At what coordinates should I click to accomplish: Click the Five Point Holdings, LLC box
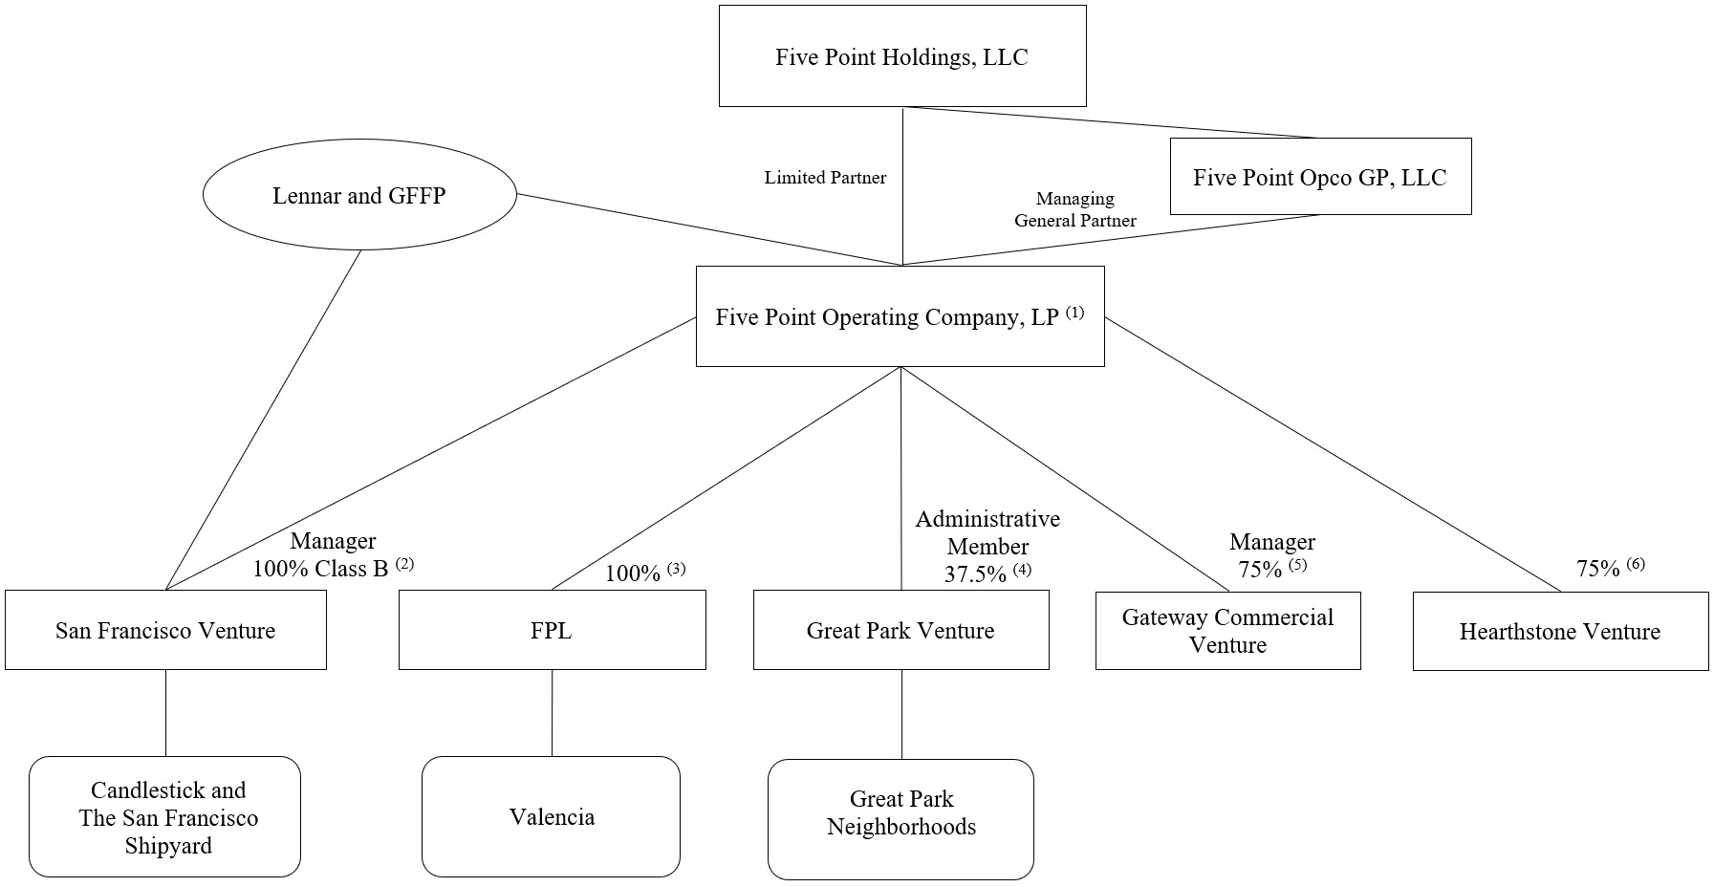[x=901, y=56]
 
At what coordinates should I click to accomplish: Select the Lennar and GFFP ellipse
[x=359, y=195]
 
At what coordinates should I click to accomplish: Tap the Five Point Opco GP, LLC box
[x=1319, y=177]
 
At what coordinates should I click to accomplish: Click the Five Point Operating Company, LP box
[x=900, y=316]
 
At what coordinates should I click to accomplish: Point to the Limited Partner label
[x=825, y=178]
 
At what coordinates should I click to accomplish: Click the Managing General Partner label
[x=1074, y=209]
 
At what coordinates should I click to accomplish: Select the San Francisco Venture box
[x=165, y=630]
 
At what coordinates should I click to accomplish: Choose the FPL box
[x=552, y=630]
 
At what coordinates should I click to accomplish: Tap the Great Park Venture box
[x=900, y=630]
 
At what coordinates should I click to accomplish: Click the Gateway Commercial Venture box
[x=1227, y=631]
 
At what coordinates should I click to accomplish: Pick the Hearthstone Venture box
[x=1559, y=631]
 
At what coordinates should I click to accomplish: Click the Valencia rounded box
[x=552, y=816]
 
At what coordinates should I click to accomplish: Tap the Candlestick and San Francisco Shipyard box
[x=165, y=816]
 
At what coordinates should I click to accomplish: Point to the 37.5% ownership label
[x=975, y=574]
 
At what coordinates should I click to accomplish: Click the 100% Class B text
[x=320, y=569]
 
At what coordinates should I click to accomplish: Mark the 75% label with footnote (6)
[x=1597, y=569]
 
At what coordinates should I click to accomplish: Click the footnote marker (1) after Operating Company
[x=1074, y=313]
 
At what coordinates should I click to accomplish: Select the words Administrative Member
[x=987, y=532]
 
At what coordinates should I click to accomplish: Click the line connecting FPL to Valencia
[x=552, y=713]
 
